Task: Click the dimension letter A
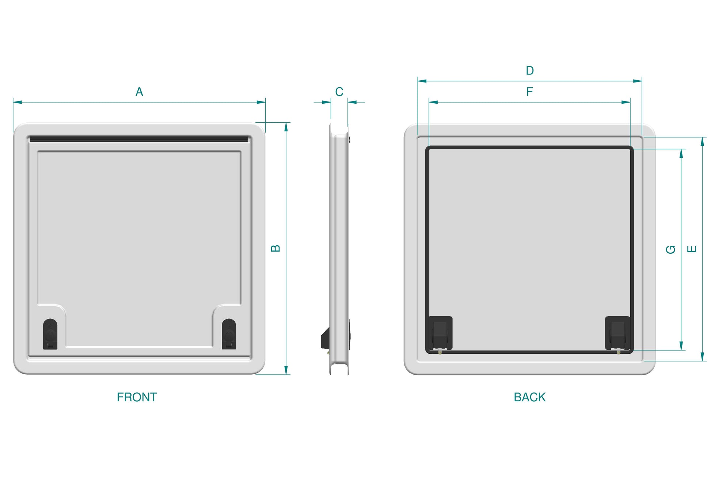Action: coord(139,92)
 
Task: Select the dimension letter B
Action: coord(275,249)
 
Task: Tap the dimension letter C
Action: coord(339,92)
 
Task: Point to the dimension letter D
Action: coord(530,70)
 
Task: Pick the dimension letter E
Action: coord(692,249)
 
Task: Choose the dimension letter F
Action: coord(530,92)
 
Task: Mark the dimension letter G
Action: coord(670,249)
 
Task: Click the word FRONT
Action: coord(137,397)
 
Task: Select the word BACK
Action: coord(529,397)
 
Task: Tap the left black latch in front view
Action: coord(50,334)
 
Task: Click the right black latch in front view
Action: coord(229,334)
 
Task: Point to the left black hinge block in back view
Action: coord(440,333)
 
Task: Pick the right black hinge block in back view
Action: coord(617,333)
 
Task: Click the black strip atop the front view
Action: coord(139,139)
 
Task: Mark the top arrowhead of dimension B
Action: coord(286,127)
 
